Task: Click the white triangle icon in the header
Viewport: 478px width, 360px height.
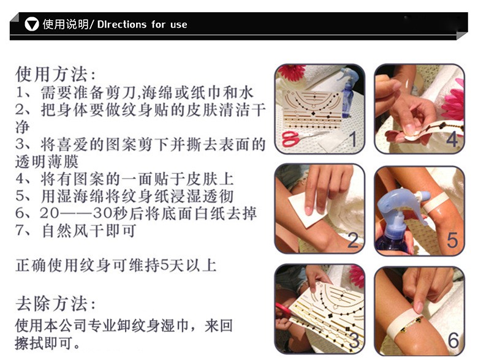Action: [x=32, y=24]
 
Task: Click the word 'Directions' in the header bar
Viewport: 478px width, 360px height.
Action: [x=121, y=24]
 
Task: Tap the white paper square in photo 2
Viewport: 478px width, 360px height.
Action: [x=306, y=209]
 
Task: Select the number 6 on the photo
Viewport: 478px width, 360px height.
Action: [x=453, y=340]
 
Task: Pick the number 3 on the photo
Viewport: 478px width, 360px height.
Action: [x=354, y=340]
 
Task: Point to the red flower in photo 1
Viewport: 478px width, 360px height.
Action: [x=292, y=72]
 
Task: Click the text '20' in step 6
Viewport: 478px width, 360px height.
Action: [x=49, y=214]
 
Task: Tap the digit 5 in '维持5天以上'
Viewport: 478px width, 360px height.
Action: [x=165, y=266]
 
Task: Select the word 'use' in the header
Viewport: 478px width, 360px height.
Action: [x=179, y=24]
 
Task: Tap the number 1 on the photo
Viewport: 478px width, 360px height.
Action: [x=353, y=139]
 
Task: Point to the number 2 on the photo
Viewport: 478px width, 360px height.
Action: [x=353, y=240]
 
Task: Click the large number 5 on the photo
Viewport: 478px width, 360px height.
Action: [x=452, y=240]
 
